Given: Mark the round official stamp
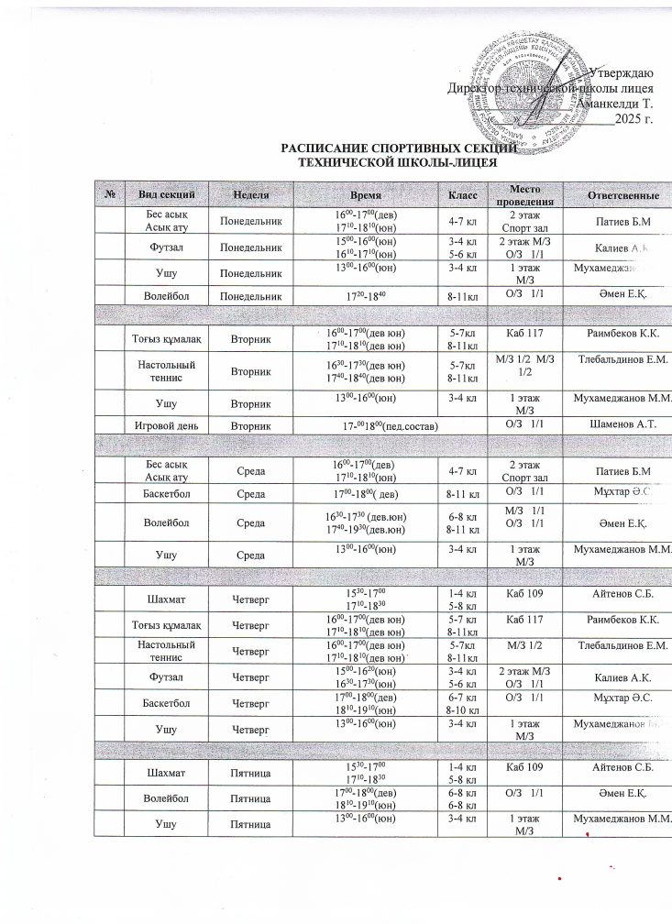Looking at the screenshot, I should click(521, 92).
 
